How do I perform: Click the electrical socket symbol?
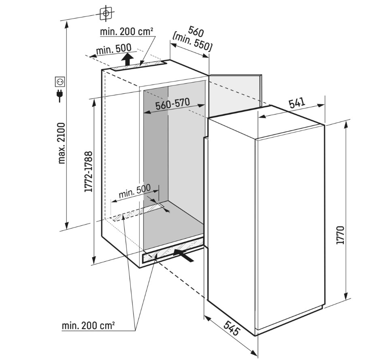pyautogui.click(x=60, y=82)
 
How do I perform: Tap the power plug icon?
pyautogui.click(x=60, y=95)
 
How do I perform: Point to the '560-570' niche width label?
pyautogui.click(x=173, y=104)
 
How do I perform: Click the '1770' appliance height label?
pyautogui.click(x=341, y=235)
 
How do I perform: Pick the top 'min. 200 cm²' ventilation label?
pyautogui.click(x=126, y=32)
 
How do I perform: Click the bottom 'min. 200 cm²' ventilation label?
pyautogui.click(x=88, y=326)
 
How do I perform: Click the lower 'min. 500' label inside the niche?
pyautogui.click(x=135, y=191)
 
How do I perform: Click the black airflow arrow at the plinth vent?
pyautogui.click(x=183, y=255)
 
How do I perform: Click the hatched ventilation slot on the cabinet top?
pyautogui.click(x=138, y=66)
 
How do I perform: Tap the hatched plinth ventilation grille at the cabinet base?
pyautogui.click(x=173, y=250)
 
